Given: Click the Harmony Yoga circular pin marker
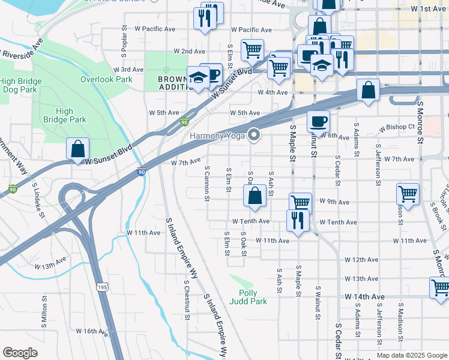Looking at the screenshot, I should pos(255,135).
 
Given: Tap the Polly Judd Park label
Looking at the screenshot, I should pos(249,297).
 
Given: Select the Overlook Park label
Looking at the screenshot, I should pos(106,79).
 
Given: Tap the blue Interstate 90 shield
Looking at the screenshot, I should pos(142,172).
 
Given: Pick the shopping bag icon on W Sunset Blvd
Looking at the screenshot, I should pos(78,149).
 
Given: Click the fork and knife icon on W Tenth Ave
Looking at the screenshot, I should pos(298,220).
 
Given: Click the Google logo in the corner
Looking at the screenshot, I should pos(20,353).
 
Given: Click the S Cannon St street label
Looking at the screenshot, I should pos(206,184).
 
